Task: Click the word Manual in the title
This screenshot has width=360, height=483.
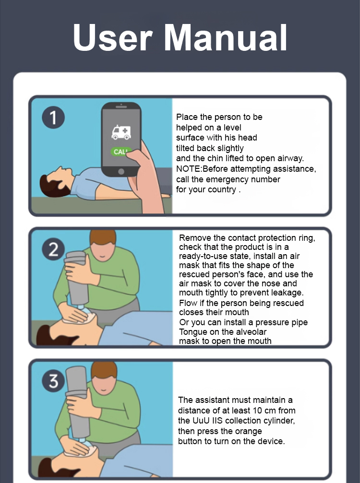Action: (226, 37)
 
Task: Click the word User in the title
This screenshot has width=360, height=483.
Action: (113, 37)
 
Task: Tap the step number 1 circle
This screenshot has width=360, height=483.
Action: (53, 118)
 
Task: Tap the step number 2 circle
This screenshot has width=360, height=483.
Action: (53, 249)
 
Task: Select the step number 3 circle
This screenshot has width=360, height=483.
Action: (53, 381)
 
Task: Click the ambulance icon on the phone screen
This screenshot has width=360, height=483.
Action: (121, 132)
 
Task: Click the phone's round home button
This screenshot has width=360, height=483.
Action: (121, 172)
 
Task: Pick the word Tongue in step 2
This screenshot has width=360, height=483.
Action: (193, 332)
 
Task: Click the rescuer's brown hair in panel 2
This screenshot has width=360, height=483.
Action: (103, 236)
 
